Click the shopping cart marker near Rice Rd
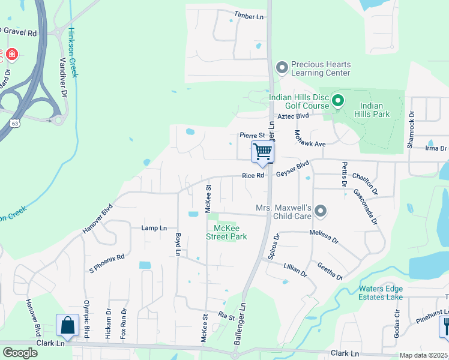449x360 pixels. point(262,151)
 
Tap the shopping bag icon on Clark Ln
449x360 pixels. point(68,325)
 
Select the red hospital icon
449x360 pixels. point(11,55)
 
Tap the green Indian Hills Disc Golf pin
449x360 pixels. point(337,101)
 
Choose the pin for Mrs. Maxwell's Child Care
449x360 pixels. point(321,211)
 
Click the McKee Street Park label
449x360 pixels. point(226,232)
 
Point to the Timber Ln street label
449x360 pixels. point(249,16)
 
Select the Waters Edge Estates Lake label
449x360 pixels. point(381,292)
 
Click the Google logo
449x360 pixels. point(20,353)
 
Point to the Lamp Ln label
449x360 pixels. point(154,228)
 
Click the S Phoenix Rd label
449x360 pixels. point(106,264)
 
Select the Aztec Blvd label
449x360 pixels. point(292,116)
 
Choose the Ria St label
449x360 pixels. point(226,314)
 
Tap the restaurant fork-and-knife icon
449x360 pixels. point(445,326)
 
